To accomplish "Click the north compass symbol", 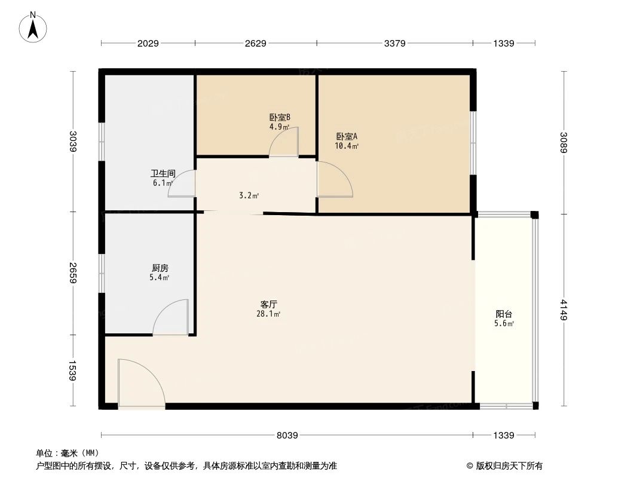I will click(x=33, y=26).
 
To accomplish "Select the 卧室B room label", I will click(x=279, y=118).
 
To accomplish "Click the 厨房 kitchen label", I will click(x=160, y=268).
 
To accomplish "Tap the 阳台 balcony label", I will click(x=504, y=314).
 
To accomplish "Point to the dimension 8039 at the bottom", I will click(x=287, y=436).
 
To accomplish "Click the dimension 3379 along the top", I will click(x=395, y=43).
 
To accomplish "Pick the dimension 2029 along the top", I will click(x=148, y=43).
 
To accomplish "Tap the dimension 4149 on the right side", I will click(x=563, y=309).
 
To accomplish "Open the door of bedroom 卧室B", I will click(x=283, y=143).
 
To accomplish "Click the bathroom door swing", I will click(x=182, y=183).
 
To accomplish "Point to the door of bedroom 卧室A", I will click(x=334, y=179).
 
